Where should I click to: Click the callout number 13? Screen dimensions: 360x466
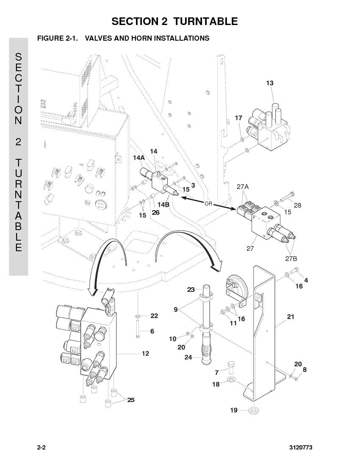click(x=269, y=83)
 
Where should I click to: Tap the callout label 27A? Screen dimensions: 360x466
click(x=243, y=187)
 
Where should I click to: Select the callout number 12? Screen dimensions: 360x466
click(x=145, y=353)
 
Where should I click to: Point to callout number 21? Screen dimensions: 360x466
click(x=291, y=317)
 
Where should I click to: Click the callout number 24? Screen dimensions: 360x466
click(x=188, y=357)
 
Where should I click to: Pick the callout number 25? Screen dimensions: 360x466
click(x=131, y=400)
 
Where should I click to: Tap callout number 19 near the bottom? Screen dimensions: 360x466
click(x=234, y=410)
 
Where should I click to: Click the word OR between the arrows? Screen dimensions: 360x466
click(x=208, y=204)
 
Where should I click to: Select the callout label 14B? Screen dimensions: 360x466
click(x=163, y=205)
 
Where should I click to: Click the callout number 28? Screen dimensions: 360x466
click(x=297, y=205)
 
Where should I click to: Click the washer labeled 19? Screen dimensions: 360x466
click(x=254, y=411)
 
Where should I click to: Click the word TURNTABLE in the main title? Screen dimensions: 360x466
click(x=205, y=22)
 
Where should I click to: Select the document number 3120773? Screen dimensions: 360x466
click(x=301, y=447)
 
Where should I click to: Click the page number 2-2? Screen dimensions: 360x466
click(x=41, y=447)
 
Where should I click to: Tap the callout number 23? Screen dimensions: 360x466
click(x=191, y=289)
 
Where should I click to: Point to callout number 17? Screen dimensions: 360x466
click(x=238, y=118)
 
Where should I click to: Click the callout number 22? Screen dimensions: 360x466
click(x=154, y=316)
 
